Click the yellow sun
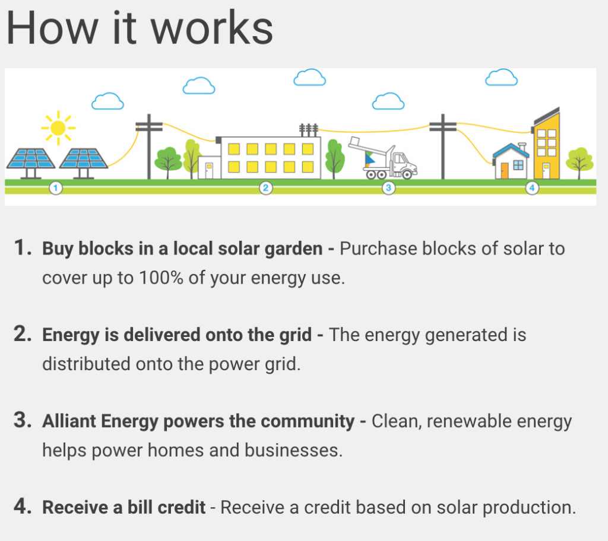click(x=58, y=128)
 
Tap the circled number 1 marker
click(x=56, y=189)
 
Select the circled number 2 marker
click(x=265, y=189)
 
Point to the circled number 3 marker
click(x=388, y=189)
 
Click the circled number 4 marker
click(x=532, y=189)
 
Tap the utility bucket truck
click(x=384, y=159)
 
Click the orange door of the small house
click(x=505, y=170)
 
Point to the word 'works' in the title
click(x=212, y=29)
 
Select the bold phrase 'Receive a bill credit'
click(x=123, y=507)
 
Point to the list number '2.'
click(x=23, y=334)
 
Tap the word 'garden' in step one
click(x=293, y=249)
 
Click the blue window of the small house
click(x=518, y=165)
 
